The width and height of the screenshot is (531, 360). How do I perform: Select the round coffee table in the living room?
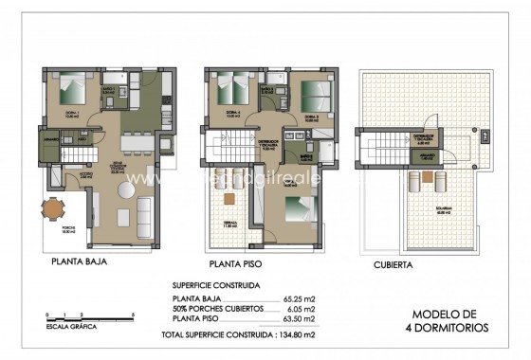[x=125, y=191]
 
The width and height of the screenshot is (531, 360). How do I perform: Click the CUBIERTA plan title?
[x=393, y=266]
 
